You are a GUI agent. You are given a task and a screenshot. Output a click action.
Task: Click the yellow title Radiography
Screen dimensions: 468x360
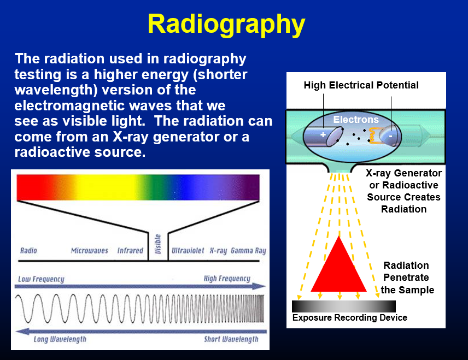(x=226, y=25)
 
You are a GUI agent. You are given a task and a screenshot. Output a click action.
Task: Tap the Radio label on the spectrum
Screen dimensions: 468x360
(x=28, y=250)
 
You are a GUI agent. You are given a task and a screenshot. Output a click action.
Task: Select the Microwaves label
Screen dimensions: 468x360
(x=90, y=251)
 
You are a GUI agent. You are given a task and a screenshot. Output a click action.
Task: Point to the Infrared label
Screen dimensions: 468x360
(x=130, y=251)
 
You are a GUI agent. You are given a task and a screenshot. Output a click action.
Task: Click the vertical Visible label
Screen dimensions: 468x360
(x=158, y=244)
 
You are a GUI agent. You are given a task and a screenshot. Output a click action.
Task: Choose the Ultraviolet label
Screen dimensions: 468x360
(x=188, y=251)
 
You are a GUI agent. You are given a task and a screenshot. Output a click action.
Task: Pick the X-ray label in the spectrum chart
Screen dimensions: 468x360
(x=218, y=251)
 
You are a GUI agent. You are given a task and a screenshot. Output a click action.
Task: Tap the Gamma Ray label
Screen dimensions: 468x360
(x=248, y=251)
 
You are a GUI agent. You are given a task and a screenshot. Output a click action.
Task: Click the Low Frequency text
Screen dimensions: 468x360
(x=41, y=279)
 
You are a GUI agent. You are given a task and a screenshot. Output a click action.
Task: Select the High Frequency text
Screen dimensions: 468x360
(x=227, y=279)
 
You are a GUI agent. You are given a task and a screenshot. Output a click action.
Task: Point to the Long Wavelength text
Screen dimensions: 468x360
(x=60, y=339)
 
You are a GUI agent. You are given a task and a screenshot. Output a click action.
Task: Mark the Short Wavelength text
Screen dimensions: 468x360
(x=231, y=339)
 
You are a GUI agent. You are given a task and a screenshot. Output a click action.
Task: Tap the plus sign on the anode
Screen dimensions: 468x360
(x=323, y=134)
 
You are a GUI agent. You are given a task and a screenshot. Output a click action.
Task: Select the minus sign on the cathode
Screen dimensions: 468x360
(x=390, y=137)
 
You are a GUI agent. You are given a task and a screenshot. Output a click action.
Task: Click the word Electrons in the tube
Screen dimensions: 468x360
(x=356, y=120)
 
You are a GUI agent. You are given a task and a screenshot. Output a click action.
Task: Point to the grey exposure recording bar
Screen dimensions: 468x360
(x=344, y=306)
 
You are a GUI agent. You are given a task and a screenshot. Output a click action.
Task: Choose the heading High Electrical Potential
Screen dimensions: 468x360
(x=361, y=85)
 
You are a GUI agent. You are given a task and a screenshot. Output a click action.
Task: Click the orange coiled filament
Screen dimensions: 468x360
(x=375, y=135)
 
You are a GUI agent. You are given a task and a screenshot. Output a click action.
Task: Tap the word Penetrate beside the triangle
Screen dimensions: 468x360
(x=406, y=278)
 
